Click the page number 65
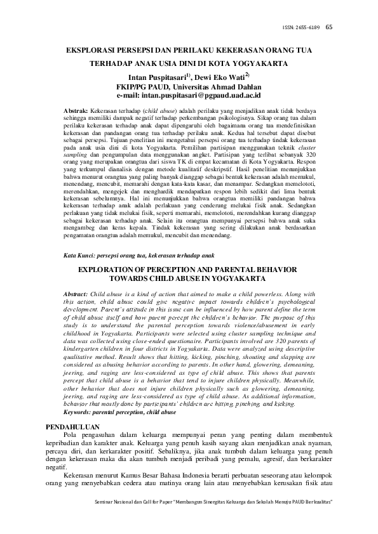pyautogui.click(x=328, y=27)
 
